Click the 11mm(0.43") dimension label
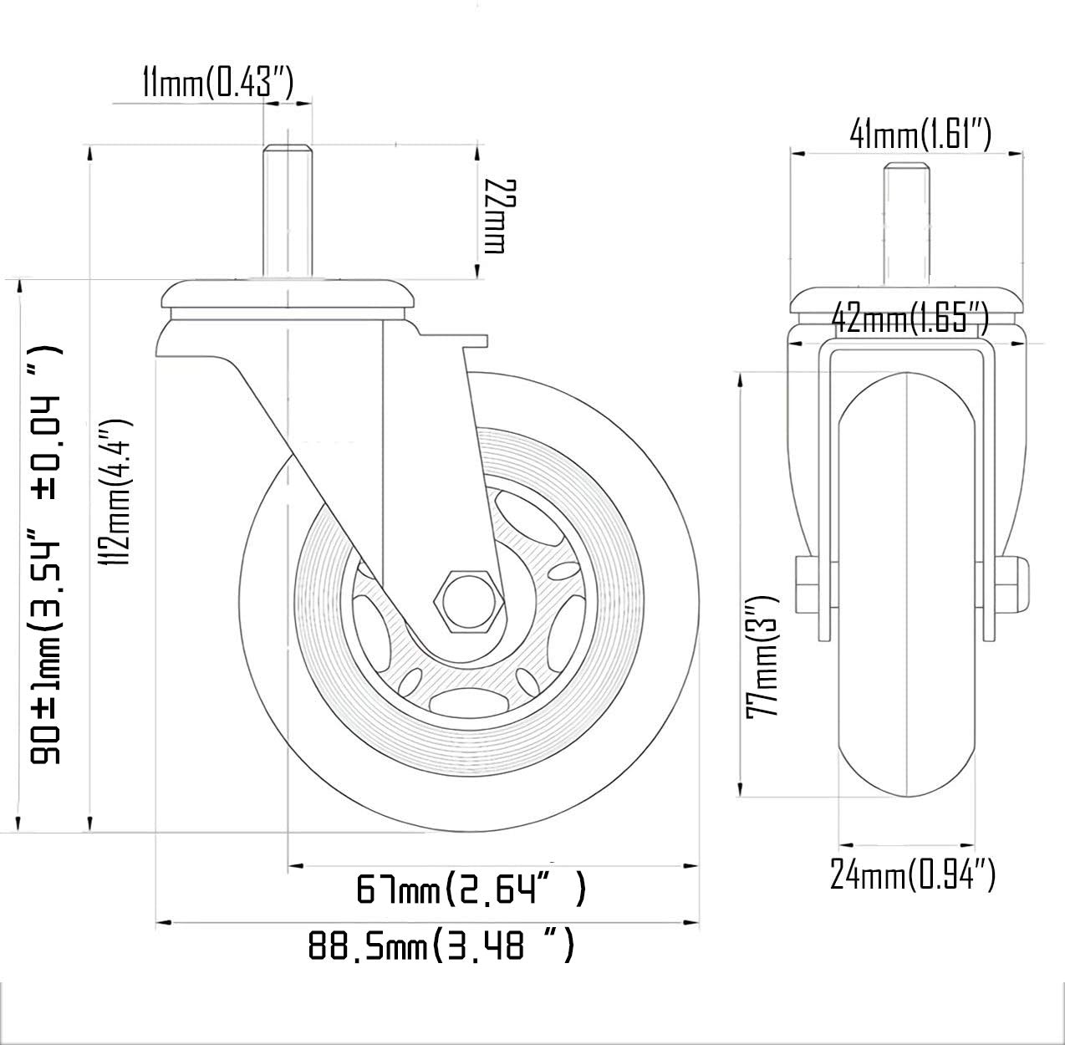pos(217,83)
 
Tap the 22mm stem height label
pos(501,217)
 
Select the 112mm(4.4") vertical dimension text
pos(115,492)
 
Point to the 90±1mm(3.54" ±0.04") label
pos(45,555)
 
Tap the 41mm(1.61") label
pos(920,135)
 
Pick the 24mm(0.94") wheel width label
pos(913,875)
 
